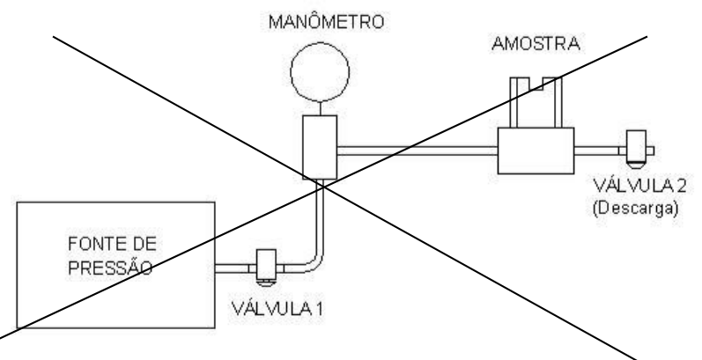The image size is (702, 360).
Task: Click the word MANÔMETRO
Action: pos(327,22)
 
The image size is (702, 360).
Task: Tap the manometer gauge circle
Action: pos(320,43)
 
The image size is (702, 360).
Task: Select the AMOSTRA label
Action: pos(536,44)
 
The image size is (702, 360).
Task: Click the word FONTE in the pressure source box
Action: pos(93,244)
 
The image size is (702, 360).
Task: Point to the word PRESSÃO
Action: pos(110,268)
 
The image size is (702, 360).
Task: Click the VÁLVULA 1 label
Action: pos(277,309)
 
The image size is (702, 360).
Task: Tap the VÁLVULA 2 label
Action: pos(639,185)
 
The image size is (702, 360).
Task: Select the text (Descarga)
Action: pos(635,209)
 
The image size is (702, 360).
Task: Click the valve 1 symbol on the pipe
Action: pos(266,268)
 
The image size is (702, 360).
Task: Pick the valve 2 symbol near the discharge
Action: pos(636,150)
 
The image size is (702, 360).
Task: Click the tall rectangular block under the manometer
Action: pos(320,147)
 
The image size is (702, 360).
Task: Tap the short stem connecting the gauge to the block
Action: pos(320,108)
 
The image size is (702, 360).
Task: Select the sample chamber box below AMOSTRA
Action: pos(536,151)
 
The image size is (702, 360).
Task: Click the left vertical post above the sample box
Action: pos(514,102)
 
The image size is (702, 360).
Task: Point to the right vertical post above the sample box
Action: pos(558,102)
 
